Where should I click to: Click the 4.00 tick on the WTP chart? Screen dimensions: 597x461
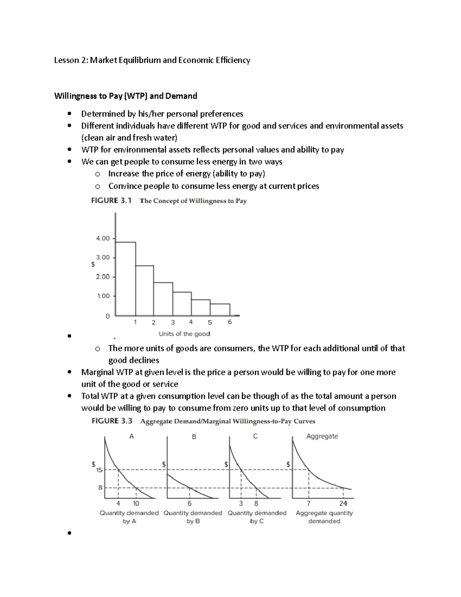pyautogui.click(x=103, y=238)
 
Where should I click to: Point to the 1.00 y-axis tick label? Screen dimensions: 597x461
pyautogui.click(x=103, y=296)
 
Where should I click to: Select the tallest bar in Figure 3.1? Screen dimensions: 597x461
pyautogui.click(x=126, y=279)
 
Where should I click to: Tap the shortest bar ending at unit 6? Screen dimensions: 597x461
pyautogui.click(x=220, y=309)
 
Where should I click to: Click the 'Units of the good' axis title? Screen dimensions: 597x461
pyautogui.click(x=184, y=334)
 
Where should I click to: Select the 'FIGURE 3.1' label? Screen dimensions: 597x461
pyautogui.click(x=111, y=200)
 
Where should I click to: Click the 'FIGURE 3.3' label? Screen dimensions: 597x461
pyautogui.click(x=112, y=421)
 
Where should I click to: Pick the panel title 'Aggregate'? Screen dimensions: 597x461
pyautogui.click(x=322, y=436)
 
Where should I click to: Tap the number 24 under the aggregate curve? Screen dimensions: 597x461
pyautogui.click(x=343, y=503)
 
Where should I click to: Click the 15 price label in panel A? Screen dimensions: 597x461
pyautogui.click(x=99, y=470)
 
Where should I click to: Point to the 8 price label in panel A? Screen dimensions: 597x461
pyautogui.click(x=100, y=487)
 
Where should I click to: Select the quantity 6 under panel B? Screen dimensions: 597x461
pyautogui.click(x=189, y=503)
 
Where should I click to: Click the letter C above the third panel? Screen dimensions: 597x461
pyautogui.click(x=255, y=436)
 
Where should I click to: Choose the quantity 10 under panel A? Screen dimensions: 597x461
pyautogui.click(x=136, y=503)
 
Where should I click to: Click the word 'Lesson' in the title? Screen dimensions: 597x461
pyautogui.click(x=66, y=60)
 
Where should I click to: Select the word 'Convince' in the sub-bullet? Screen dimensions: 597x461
pyautogui.click(x=124, y=186)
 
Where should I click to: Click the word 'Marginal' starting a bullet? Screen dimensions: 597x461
pyautogui.click(x=98, y=372)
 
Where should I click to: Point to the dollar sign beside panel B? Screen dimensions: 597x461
pyautogui.click(x=164, y=464)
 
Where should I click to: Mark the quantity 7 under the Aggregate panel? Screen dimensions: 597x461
pyautogui.click(x=308, y=503)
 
